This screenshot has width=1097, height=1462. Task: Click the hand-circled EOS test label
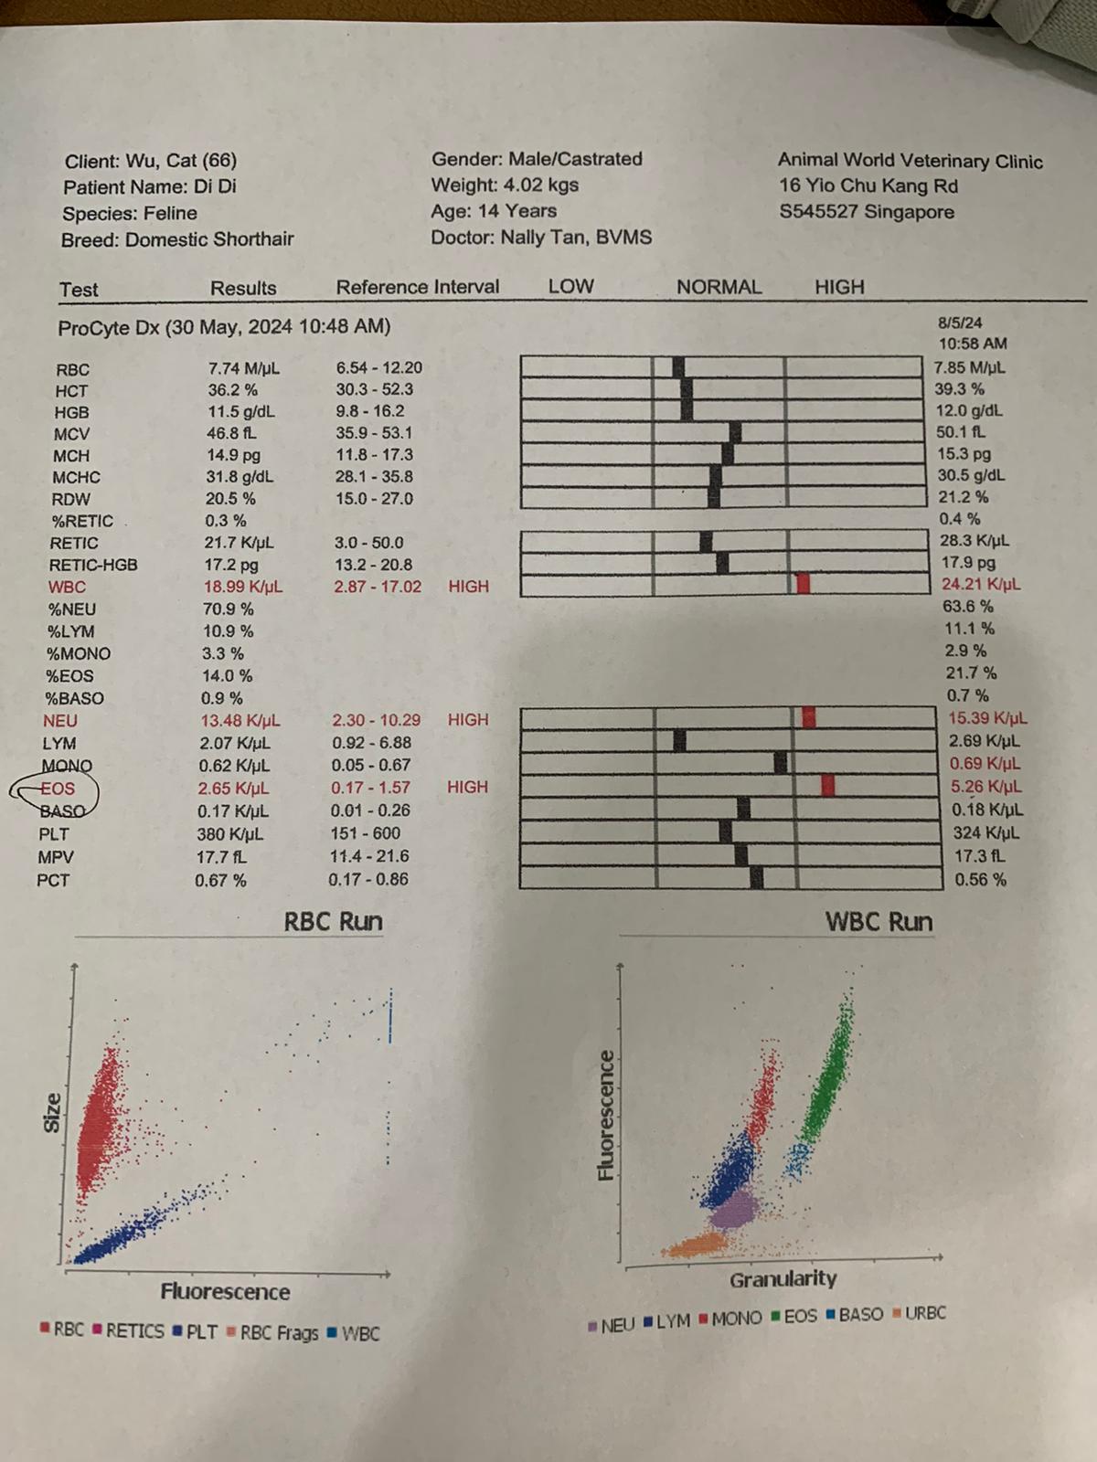click(57, 789)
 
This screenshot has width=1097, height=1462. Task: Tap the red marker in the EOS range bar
click(828, 785)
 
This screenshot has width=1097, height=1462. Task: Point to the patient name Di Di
click(215, 187)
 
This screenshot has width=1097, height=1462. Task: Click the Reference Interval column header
click(418, 287)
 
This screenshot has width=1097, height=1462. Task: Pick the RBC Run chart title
click(333, 921)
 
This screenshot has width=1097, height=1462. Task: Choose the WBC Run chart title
click(879, 921)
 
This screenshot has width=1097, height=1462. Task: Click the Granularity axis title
click(783, 1279)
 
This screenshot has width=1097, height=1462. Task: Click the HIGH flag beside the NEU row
click(467, 720)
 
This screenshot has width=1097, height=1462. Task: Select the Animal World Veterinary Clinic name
click(910, 161)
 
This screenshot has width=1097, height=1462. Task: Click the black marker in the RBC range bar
click(678, 367)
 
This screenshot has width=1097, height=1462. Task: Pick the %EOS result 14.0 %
click(228, 676)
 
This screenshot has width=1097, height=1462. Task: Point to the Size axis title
click(53, 1113)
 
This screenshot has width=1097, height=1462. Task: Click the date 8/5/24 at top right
click(960, 323)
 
